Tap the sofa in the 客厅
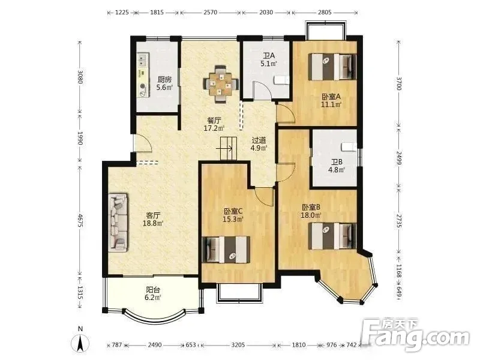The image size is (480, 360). coord(118,223)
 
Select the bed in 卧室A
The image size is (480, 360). coord(333,67)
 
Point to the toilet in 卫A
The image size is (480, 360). coord(281,80)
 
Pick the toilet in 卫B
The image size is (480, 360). coord(349,147)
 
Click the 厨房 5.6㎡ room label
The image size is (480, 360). coord(164,83)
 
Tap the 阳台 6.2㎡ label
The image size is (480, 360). coord(153,293)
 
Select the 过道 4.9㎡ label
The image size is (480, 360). coord(259,144)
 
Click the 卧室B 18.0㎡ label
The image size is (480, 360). coord(311,211)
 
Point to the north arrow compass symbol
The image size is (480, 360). coord(80,340)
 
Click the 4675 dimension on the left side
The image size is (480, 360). coord(80,221)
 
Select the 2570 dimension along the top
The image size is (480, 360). coord(211,13)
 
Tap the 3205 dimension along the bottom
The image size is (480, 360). coord(238,345)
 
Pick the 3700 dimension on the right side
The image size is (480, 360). coord(398,83)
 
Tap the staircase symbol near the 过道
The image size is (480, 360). coord(229,148)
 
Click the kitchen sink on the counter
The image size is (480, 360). coord(143,60)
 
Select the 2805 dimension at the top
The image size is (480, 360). coord(325,13)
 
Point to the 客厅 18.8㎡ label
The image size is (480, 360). coord(153,219)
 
